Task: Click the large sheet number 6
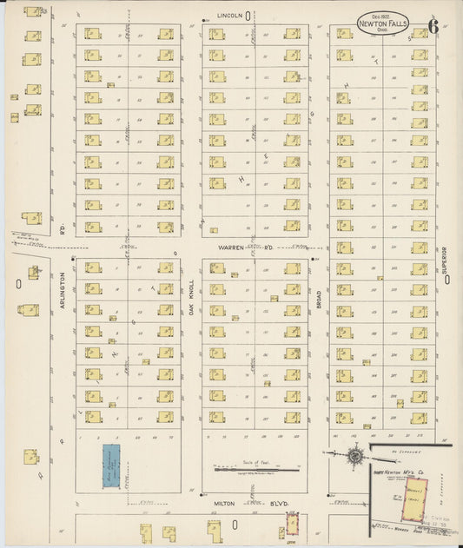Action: (433, 27)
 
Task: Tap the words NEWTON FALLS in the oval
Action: (380, 24)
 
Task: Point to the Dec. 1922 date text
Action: (380, 16)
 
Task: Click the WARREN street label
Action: (229, 247)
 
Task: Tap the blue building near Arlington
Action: (111, 466)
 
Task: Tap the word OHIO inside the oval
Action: (380, 32)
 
